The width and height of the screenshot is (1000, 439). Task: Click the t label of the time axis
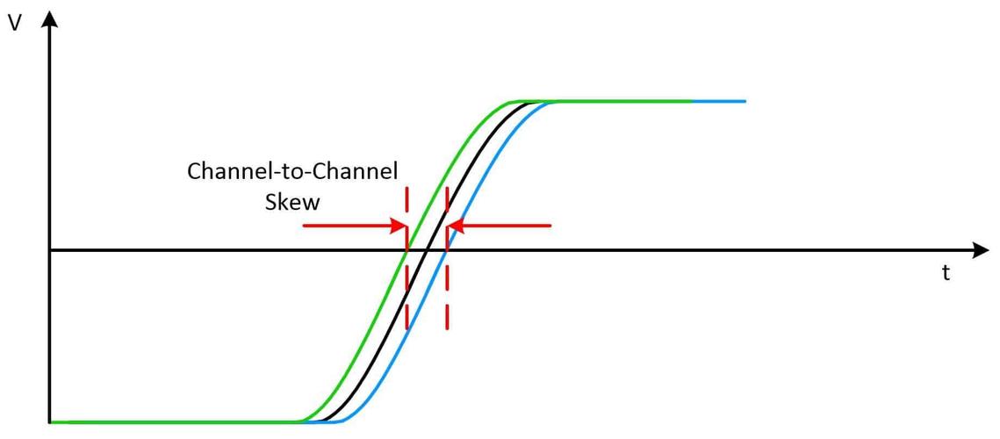coord(946,273)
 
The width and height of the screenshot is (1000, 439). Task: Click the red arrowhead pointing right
coord(399,226)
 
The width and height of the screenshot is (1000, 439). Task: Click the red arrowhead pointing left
coord(456,226)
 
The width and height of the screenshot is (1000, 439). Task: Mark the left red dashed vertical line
coord(406,258)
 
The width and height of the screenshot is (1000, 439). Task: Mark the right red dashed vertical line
coord(447,258)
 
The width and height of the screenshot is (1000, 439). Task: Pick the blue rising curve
coord(448,250)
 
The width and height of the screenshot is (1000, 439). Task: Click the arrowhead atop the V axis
coord(50,18)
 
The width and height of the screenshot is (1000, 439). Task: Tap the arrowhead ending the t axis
coord(980,250)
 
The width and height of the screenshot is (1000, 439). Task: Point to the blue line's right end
coord(745,101)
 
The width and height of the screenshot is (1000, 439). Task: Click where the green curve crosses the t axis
coord(406,250)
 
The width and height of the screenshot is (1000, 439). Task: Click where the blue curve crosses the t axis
coord(448,250)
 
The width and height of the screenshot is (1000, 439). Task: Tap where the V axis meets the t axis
coord(50,250)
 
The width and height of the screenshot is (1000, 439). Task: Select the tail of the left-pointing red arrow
coord(550,226)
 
